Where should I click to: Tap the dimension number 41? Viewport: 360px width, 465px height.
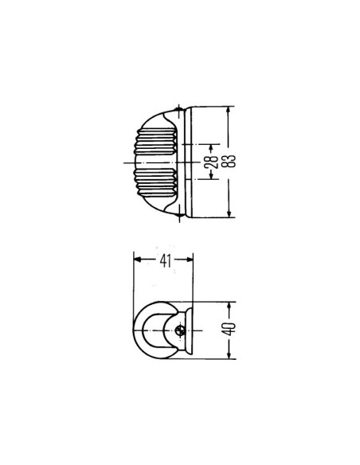pos(163,259)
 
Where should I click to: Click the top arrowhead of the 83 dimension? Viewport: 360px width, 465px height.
pos(229,111)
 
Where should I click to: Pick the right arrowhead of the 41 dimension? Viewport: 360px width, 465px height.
pos(190,259)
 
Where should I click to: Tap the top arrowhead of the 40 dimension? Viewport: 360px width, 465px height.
pos(229,307)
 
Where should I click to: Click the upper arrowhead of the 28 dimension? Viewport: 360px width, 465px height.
pos(211,147)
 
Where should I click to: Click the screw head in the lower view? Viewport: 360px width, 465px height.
pos(182,332)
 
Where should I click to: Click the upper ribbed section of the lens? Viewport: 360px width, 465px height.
pos(157,139)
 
